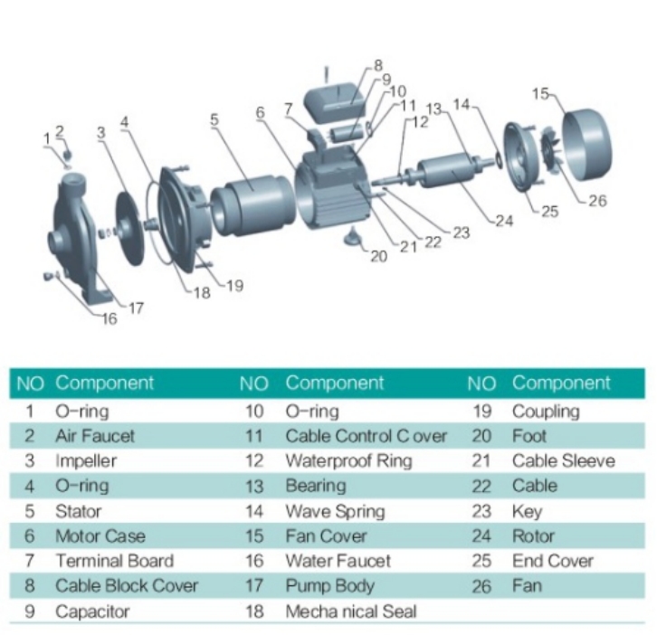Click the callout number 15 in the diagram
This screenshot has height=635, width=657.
540,93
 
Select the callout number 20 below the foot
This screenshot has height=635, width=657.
378,256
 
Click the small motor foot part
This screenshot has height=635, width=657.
352,237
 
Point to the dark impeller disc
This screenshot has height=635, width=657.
129,227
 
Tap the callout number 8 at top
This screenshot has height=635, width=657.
377,65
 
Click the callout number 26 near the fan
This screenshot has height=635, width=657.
597,201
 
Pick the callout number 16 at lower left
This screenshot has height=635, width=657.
109,317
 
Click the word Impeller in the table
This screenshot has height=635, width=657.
86,460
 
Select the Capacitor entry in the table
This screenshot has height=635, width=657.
92,611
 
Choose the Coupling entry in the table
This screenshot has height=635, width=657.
546,411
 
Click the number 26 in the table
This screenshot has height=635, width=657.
481,586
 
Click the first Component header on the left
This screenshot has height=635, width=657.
105,383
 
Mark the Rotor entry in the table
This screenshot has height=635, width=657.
533,535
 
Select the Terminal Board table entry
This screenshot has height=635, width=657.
114,561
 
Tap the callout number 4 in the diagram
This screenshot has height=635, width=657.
124,120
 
